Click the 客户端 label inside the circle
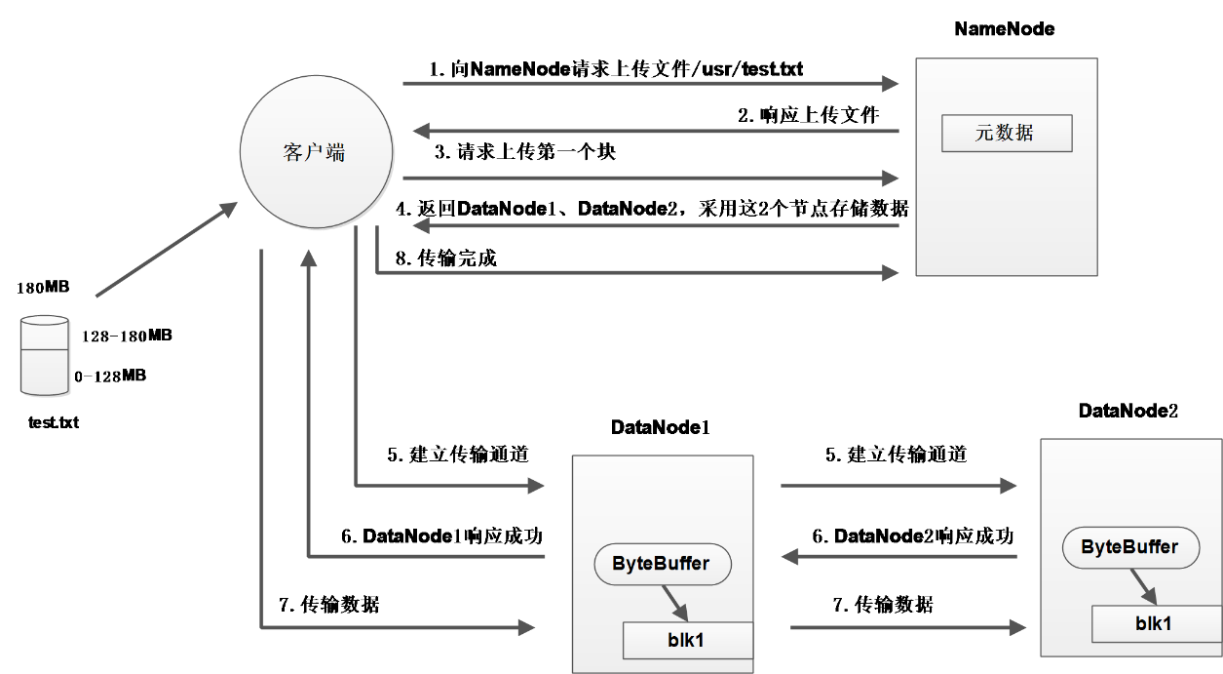click(x=315, y=152)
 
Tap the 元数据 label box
click(x=1006, y=134)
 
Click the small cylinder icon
click(x=45, y=356)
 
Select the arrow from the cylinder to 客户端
click(x=166, y=250)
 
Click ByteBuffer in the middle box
click(x=662, y=564)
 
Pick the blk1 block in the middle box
click(x=687, y=640)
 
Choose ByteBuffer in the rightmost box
click(x=1129, y=547)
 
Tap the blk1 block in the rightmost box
click(x=1154, y=623)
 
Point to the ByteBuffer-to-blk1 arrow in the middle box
click(x=675, y=601)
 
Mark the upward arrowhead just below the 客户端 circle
click(x=309, y=258)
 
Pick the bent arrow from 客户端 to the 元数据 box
click(x=633, y=273)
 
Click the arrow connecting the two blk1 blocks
click(x=906, y=628)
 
